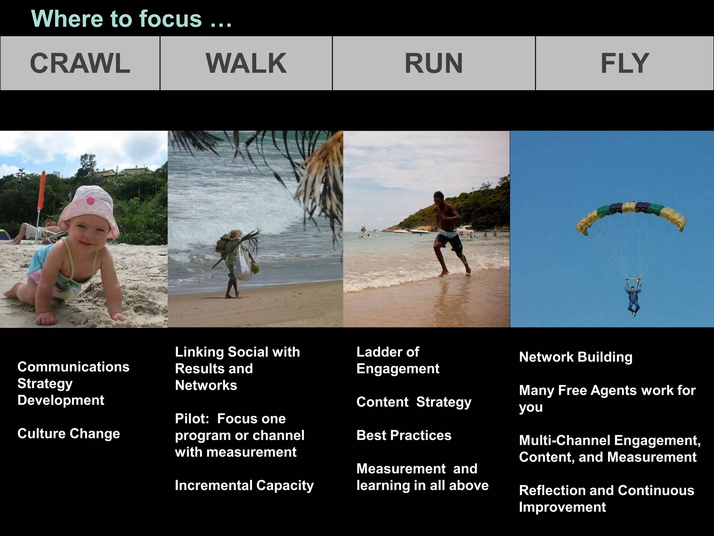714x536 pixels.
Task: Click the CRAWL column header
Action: click(x=80, y=63)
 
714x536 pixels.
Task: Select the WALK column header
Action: click(x=246, y=63)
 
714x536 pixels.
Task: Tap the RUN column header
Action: click(x=434, y=63)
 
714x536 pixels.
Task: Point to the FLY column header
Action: click(x=624, y=63)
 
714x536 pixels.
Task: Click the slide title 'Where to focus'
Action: click(x=131, y=18)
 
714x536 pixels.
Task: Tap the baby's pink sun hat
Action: click(x=89, y=209)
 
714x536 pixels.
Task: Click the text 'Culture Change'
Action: click(x=69, y=433)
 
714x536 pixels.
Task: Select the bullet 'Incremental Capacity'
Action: click(x=244, y=485)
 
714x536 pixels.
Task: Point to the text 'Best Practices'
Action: click(x=404, y=435)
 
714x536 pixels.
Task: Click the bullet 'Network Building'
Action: click(x=576, y=357)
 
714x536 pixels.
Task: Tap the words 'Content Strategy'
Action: click(x=414, y=402)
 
